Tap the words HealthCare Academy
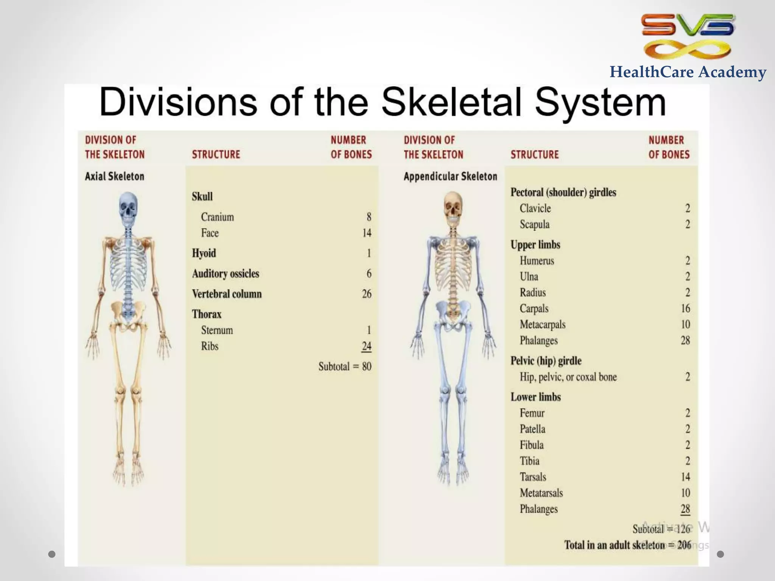pyautogui.click(x=688, y=72)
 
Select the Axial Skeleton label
pyautogui.click(x=114, y=176)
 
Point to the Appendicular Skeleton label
pyautogui.click(x=450, y=176)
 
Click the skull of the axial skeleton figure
pyautogui.click(x=128, y=208)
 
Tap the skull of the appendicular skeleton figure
pyautogui.click(x=453, y=208)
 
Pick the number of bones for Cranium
pyautogui.click(x=369, y=217)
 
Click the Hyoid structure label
pyautogui.click(x=204, y=253)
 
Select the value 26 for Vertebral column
pyautogui.click(x=366, y=294)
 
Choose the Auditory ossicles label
pyautogui.click(x=226, y=273)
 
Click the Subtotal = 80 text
pyautogui.click(x=344, y=366)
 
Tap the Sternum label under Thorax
pyautogui.click(x=217, y=330)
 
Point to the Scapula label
pyautogui.click(x=534, y=224)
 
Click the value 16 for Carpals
pyautogui.click(x=685, y=308)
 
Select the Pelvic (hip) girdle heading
pyautogui.click(x=546, y=361)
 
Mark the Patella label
pyautogui.click(x=532, y=429)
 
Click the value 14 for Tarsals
pyautogui.click(x=685, y=477)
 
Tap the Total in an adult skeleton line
pyautogui.click(x=627, y=545)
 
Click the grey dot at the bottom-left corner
pyautogui.click(x=52, y=554)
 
